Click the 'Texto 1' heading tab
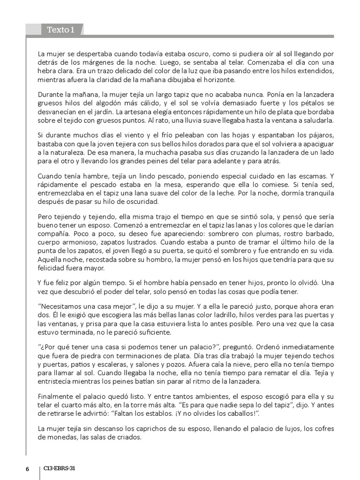60,30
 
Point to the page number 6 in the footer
27,469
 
